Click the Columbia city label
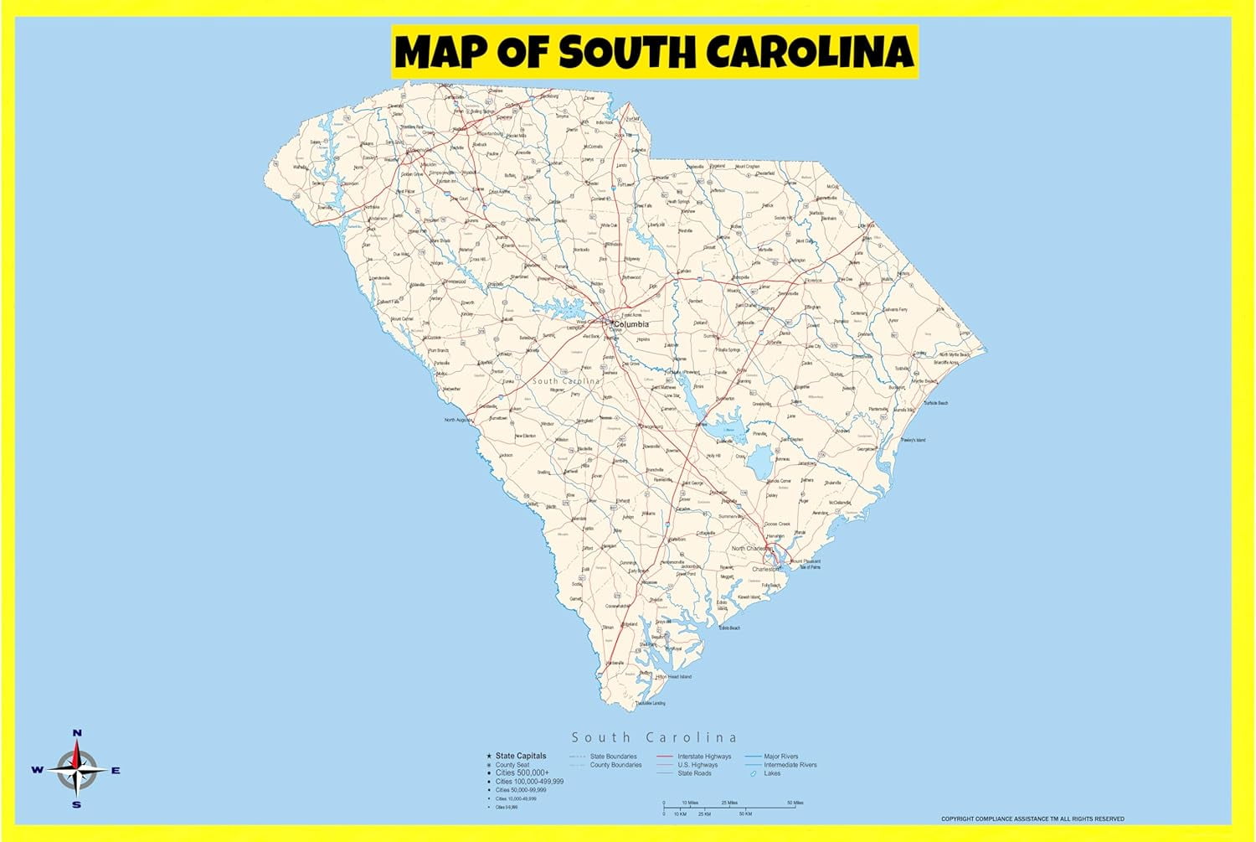[x=631, y=324]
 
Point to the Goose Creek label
[x=777, y=524]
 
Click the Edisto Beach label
[x=728, y=628]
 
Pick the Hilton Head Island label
[x=675, y=677]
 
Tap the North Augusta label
[x=458, y=420]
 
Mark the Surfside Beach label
[x=936, y=403]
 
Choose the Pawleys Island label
[x=914, y=440]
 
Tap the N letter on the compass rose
[x=77, y=733]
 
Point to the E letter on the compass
[x=116, y=771]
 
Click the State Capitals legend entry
[x=520, y=756]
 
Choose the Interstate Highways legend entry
[x=703, y=757]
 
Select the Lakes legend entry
[x=772, y=773]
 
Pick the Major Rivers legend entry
[x=780, y=757]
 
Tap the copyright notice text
[x=1032, y=819]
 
